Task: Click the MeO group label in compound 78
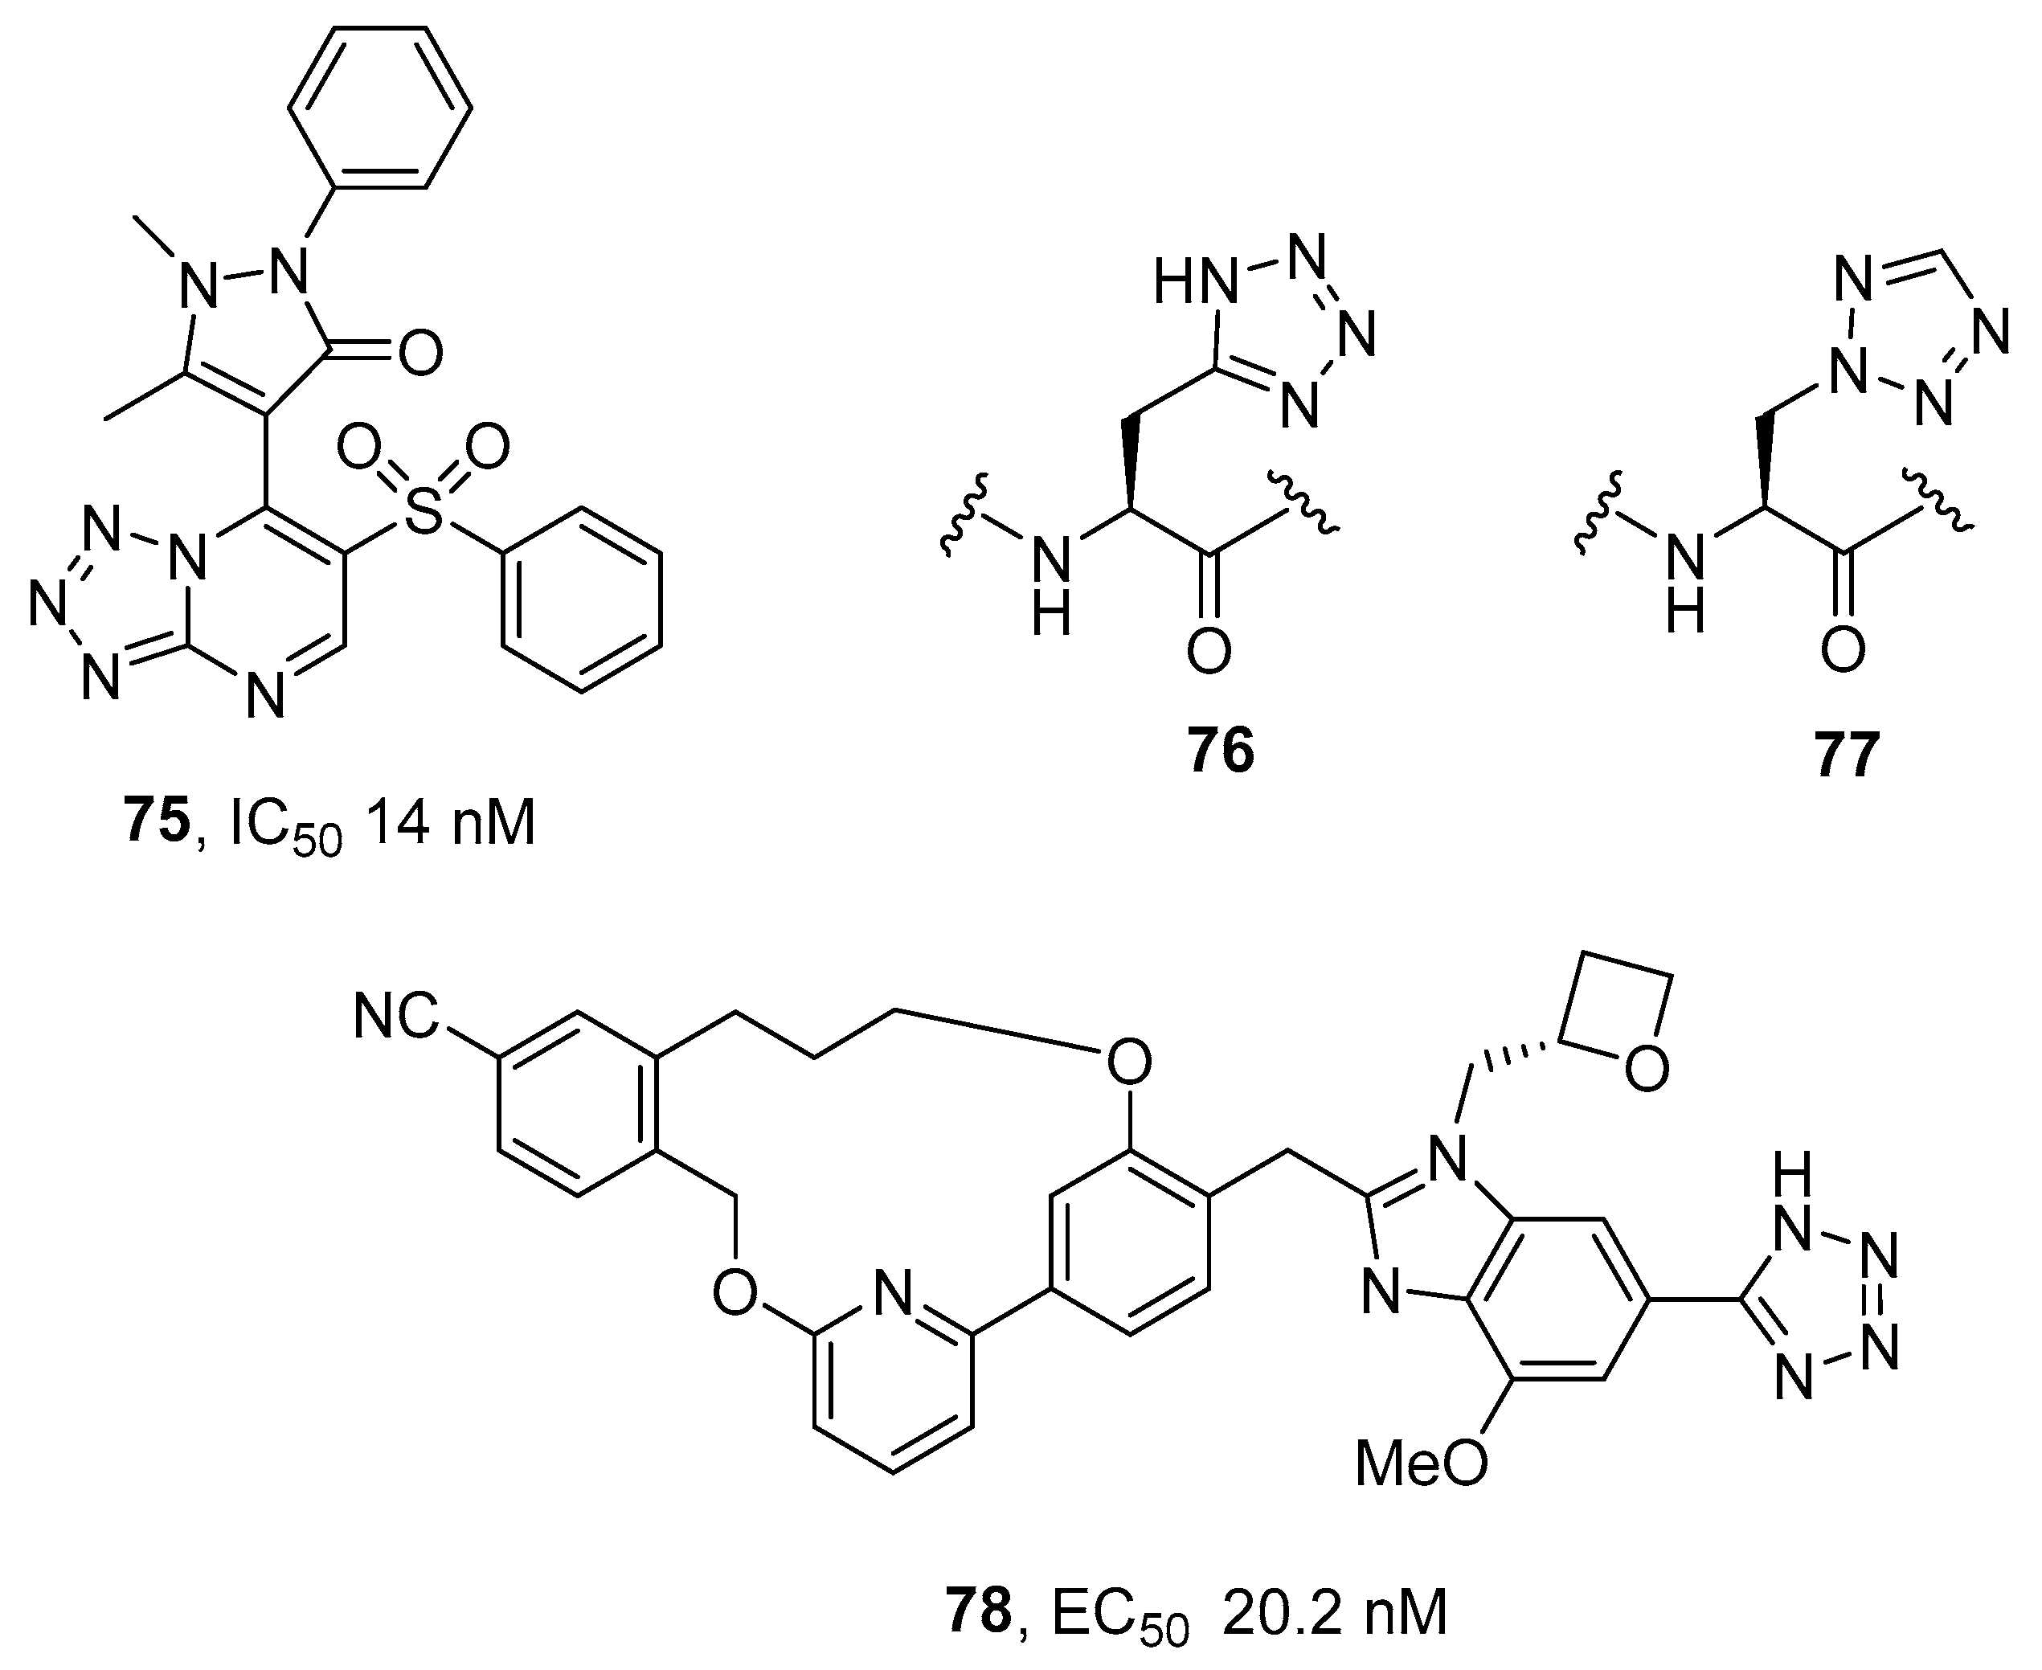click(1421, 1463)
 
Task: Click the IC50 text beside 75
click(285, 825)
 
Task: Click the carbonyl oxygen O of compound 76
click(1208, 650)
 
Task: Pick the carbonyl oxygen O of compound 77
click(1843, 650)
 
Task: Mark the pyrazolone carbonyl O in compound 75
click(420, 352)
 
